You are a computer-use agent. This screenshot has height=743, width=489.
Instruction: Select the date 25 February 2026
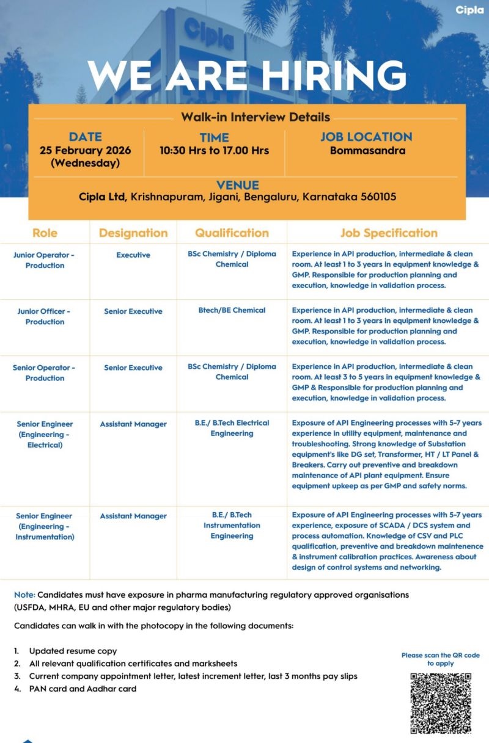tap(85, 150)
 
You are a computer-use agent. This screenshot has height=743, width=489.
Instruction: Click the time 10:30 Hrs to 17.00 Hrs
tap(214, 150)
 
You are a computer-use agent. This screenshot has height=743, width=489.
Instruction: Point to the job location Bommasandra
tap(367, 150)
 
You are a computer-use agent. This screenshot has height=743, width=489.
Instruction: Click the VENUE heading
tap(237, 185)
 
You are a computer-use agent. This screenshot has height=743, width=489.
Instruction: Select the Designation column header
tap(133, 233)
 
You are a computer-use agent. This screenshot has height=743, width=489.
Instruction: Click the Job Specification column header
tap(389, 233)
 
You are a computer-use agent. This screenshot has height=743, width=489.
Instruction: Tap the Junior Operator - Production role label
tap(45, 260)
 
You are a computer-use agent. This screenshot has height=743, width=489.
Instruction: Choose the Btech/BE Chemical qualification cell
tap(232, 310)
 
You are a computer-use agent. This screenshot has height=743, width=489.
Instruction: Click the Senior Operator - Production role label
tap(45, 372)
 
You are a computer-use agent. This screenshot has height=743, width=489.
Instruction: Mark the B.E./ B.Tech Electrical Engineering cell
tap(232, 428)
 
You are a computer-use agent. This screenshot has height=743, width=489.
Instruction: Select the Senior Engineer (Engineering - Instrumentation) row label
tap(45, 526)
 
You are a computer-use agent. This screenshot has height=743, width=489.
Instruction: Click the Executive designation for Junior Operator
tap(133, 255)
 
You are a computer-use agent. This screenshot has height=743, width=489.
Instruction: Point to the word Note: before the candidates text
tap(24, 594)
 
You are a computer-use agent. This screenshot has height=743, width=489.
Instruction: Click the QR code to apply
tap(440, 703)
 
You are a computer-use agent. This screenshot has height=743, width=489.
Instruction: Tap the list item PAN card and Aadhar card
tap(83, 689)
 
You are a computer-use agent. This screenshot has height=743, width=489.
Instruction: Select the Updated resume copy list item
tap(73, 651)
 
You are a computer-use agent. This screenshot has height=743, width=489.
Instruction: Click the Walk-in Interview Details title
tap(256, 117)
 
